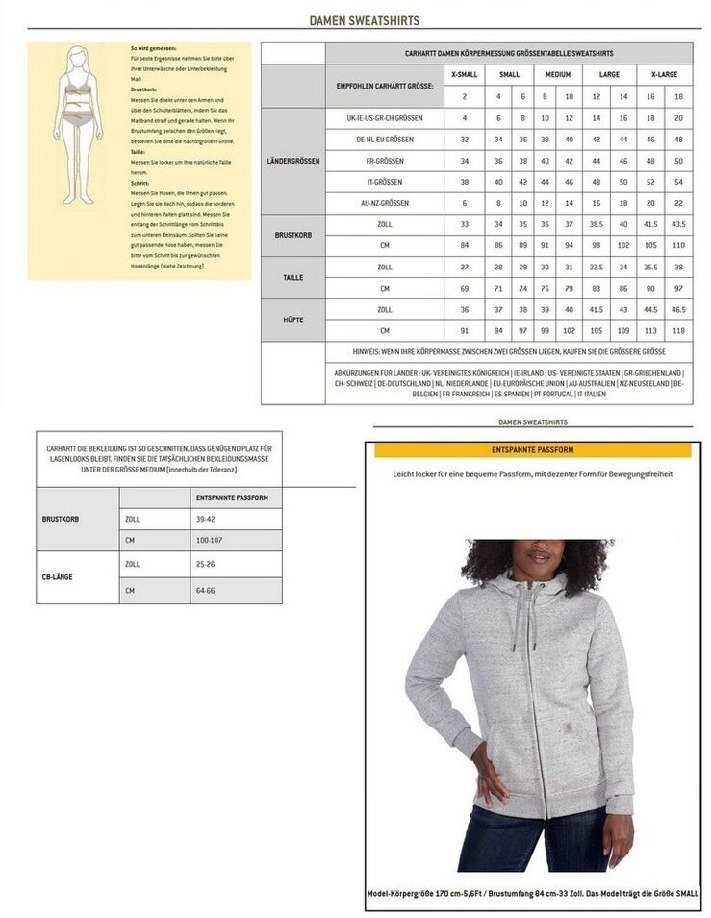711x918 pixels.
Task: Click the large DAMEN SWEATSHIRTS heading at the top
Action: (x=364, y=20)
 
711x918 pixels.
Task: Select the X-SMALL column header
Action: (x=464, y=74)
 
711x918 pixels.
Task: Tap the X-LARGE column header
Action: (x=664, y=74)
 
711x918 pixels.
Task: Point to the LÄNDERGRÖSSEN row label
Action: (x=292, y=160)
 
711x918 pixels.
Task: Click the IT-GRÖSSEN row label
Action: (x=385, y=182)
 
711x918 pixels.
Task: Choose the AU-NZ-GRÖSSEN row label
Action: (x=385, y=204)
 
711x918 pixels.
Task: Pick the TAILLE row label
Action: (x=292, y=277)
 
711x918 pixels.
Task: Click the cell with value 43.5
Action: (x=677, y=224)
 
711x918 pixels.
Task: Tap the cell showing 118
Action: (x=677, y=331)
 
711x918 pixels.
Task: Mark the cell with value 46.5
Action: (x=677, y=310)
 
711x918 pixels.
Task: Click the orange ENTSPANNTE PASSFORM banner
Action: (x=532, y=450)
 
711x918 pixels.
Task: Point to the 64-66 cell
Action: (x=207, y=590)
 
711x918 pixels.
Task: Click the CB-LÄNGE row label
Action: (x=60, y=577)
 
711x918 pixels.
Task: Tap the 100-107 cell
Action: (x=209, y=540)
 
